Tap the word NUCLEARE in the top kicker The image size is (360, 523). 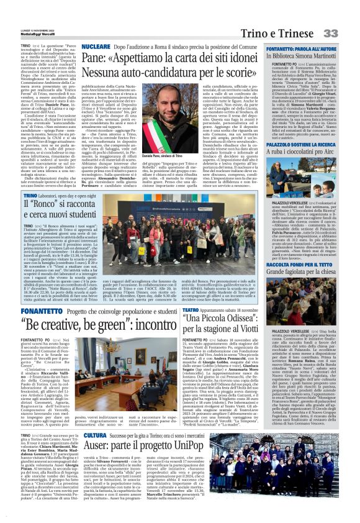pos(96,46)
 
